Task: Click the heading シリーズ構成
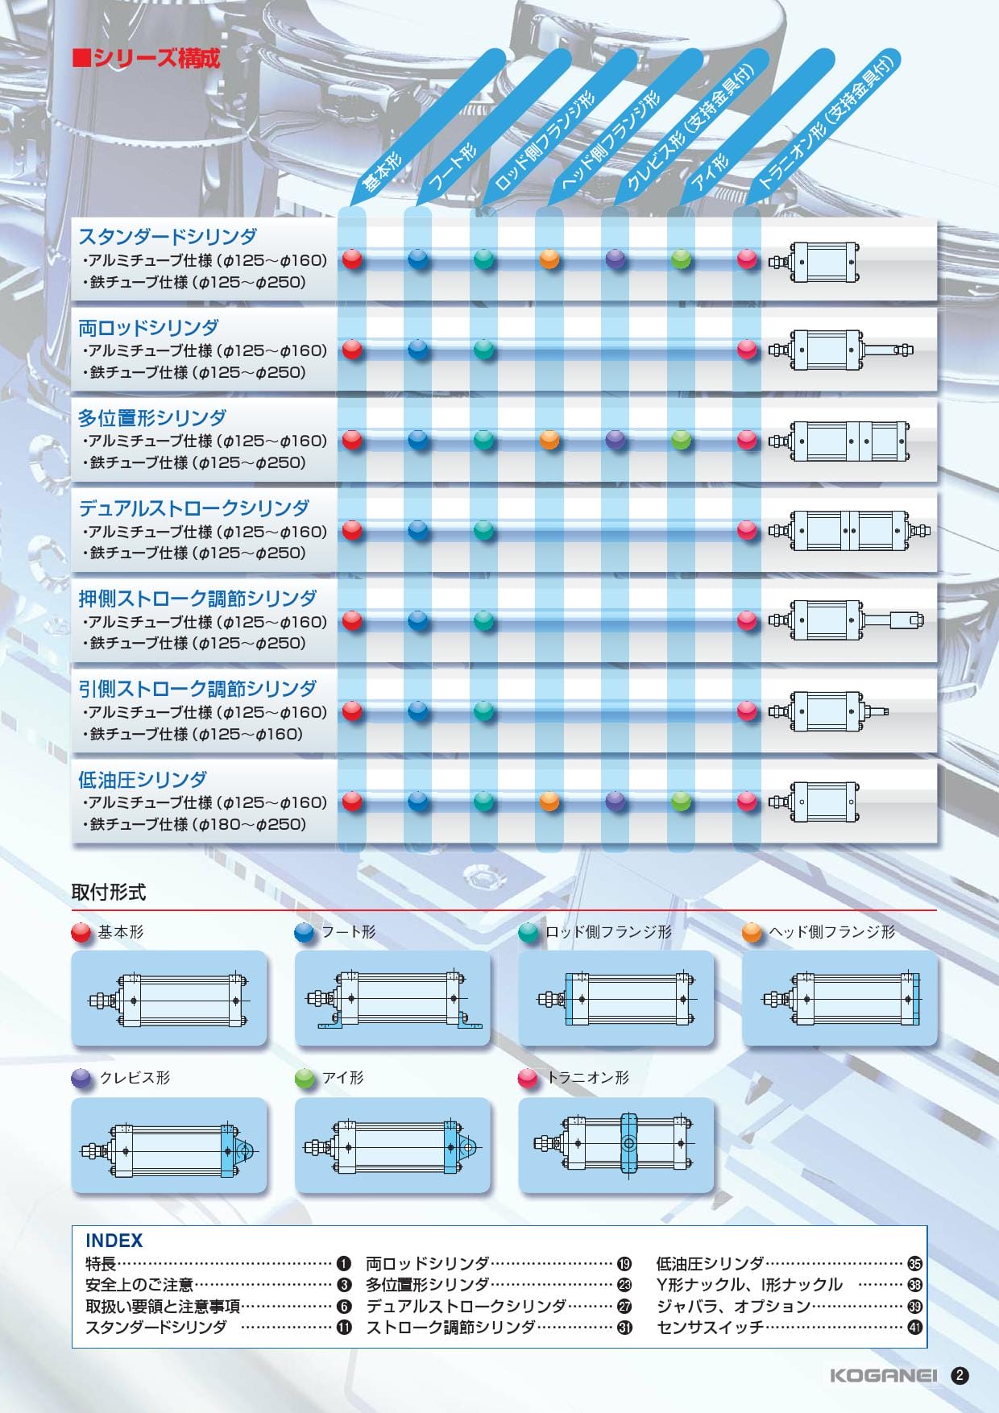(147, 59)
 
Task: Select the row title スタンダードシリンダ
(168, 237)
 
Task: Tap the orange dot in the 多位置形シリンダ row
(549, 440)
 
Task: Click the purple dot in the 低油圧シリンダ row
(616, 801)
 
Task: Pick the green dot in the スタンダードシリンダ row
(682, 259)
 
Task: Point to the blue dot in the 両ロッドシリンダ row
(419, 350)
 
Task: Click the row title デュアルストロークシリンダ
(193, 508)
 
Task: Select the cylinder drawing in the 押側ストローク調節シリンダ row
(846, 620)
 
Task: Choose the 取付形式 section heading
(109, 893)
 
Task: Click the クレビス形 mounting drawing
(168, 1145)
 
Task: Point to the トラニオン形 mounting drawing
(616, 1145)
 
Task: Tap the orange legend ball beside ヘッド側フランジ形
(752, 933)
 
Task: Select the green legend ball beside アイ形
(305, 1079)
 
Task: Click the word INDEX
(114, 1241)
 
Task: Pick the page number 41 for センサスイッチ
(914, 1328)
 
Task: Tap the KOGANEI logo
(884, 1376)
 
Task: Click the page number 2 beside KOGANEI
(960, 1376)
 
